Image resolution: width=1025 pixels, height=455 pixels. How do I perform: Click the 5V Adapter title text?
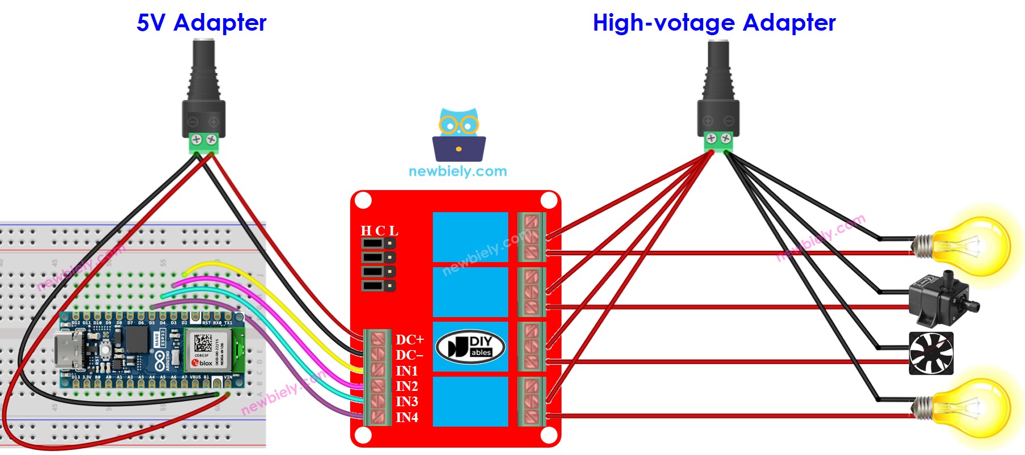click(201, 23)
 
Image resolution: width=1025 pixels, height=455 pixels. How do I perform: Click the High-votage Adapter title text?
click(714, 23)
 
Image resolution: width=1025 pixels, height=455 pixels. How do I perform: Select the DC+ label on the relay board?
click(410, 340)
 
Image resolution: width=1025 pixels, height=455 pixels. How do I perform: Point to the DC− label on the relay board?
click(410, 355)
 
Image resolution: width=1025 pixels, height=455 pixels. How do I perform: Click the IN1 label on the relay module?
click(407, 371)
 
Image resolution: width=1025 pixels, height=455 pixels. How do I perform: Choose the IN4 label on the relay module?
click(407, 418)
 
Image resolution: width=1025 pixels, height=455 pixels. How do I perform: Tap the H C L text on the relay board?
click(379, 231)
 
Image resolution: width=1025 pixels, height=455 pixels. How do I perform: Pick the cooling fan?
click(931, 353)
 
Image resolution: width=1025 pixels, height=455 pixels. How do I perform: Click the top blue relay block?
click(470, 237)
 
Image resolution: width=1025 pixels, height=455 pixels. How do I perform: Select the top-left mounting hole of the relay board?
click(363, 201)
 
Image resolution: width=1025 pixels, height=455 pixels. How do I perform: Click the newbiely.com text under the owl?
click(458, 171)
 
